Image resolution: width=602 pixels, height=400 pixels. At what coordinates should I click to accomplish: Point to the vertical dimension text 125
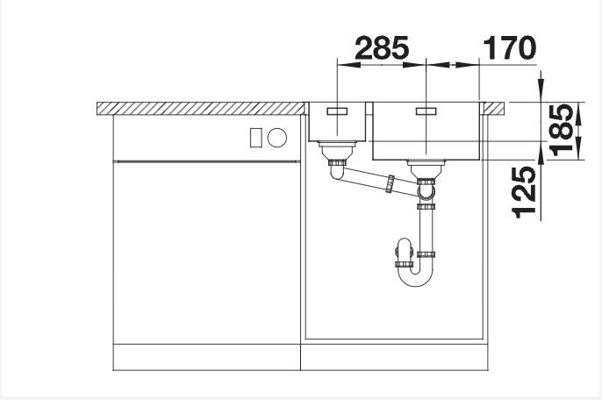coord(524,191)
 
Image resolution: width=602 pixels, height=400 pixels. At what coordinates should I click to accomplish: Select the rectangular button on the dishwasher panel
coord(256,137)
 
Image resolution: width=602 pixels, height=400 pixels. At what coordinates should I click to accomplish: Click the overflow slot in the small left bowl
coord(337,111)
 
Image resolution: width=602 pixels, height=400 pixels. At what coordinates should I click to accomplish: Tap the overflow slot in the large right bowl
coord(426,111)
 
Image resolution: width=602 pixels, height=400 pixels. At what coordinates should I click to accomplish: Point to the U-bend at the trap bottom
coord(415,277)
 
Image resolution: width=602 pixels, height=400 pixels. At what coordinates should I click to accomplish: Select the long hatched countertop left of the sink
coord(200,108)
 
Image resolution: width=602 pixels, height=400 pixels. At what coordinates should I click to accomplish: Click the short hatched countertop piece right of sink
coord(494,108)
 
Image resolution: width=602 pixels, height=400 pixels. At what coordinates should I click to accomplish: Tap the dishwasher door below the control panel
coord(206,254)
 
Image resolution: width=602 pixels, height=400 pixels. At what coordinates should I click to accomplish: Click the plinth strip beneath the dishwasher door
coord(206,359)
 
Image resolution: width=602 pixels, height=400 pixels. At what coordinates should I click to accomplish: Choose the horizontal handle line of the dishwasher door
coord(206,161)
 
